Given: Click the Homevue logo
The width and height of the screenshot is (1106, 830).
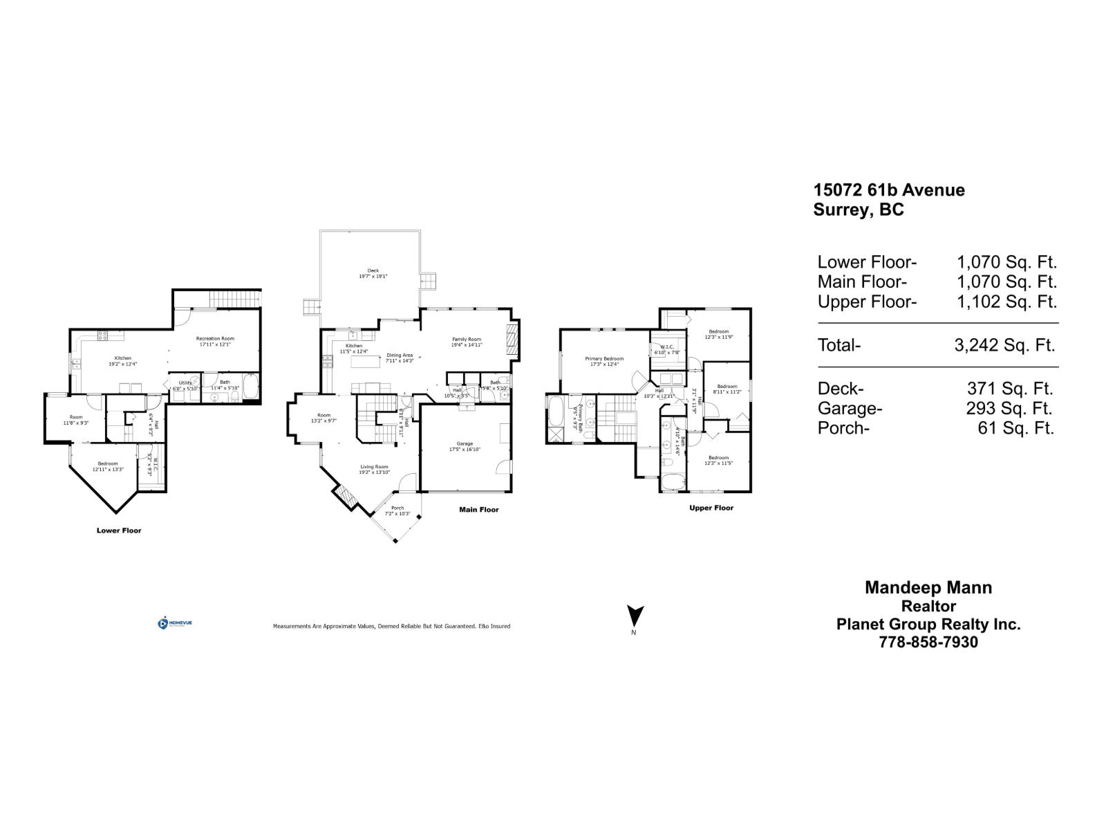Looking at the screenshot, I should point(175,623).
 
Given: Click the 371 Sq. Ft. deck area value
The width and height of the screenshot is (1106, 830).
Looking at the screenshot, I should point(1010,389).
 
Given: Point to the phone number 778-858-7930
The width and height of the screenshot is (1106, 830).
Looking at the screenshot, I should point(928,642).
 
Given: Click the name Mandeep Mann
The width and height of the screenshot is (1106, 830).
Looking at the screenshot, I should point(928,587).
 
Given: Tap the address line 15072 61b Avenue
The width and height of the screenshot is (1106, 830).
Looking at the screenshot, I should point(889,190).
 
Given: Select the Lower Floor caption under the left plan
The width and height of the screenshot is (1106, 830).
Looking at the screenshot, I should point(119,531).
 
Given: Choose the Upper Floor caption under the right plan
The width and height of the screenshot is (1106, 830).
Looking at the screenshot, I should point(711,508).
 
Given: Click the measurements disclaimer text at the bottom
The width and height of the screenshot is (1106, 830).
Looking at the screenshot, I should point(391,626).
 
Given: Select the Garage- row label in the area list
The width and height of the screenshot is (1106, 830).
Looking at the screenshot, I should point(850,408).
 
